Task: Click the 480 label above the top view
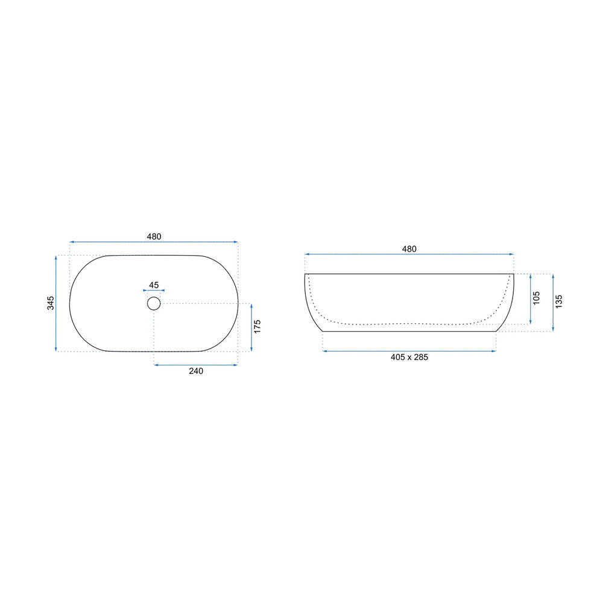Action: (154, 236)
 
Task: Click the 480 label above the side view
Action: (409, 249)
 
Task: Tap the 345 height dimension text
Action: (51, 303)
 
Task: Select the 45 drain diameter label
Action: (154, 285)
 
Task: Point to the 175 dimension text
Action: (257, 326)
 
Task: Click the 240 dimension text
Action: (196, 371)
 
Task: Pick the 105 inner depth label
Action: (537, 298)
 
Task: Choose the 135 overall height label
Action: (559, 301)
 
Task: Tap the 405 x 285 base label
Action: (409, 357)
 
